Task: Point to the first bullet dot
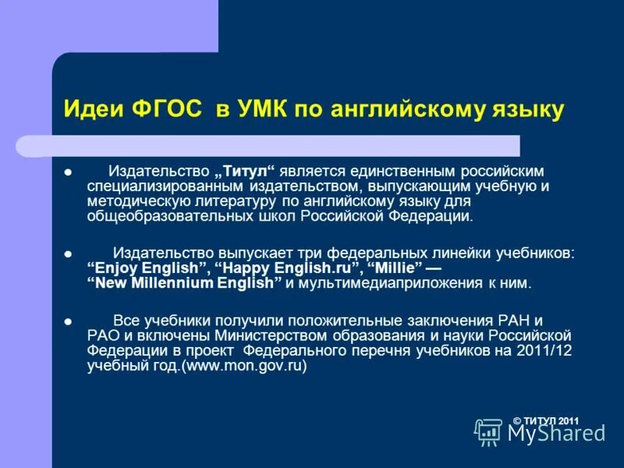pos(68,172)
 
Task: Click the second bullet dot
pos(68,255)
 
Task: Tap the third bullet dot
pos(68,321)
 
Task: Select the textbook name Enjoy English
pos(147,268)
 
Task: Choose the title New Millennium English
pos(183,283)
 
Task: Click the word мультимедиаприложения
pos(392,283)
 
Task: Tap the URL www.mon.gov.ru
pos(244,365)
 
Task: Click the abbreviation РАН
pos(512,321)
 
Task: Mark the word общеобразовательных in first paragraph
pos(162,216)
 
